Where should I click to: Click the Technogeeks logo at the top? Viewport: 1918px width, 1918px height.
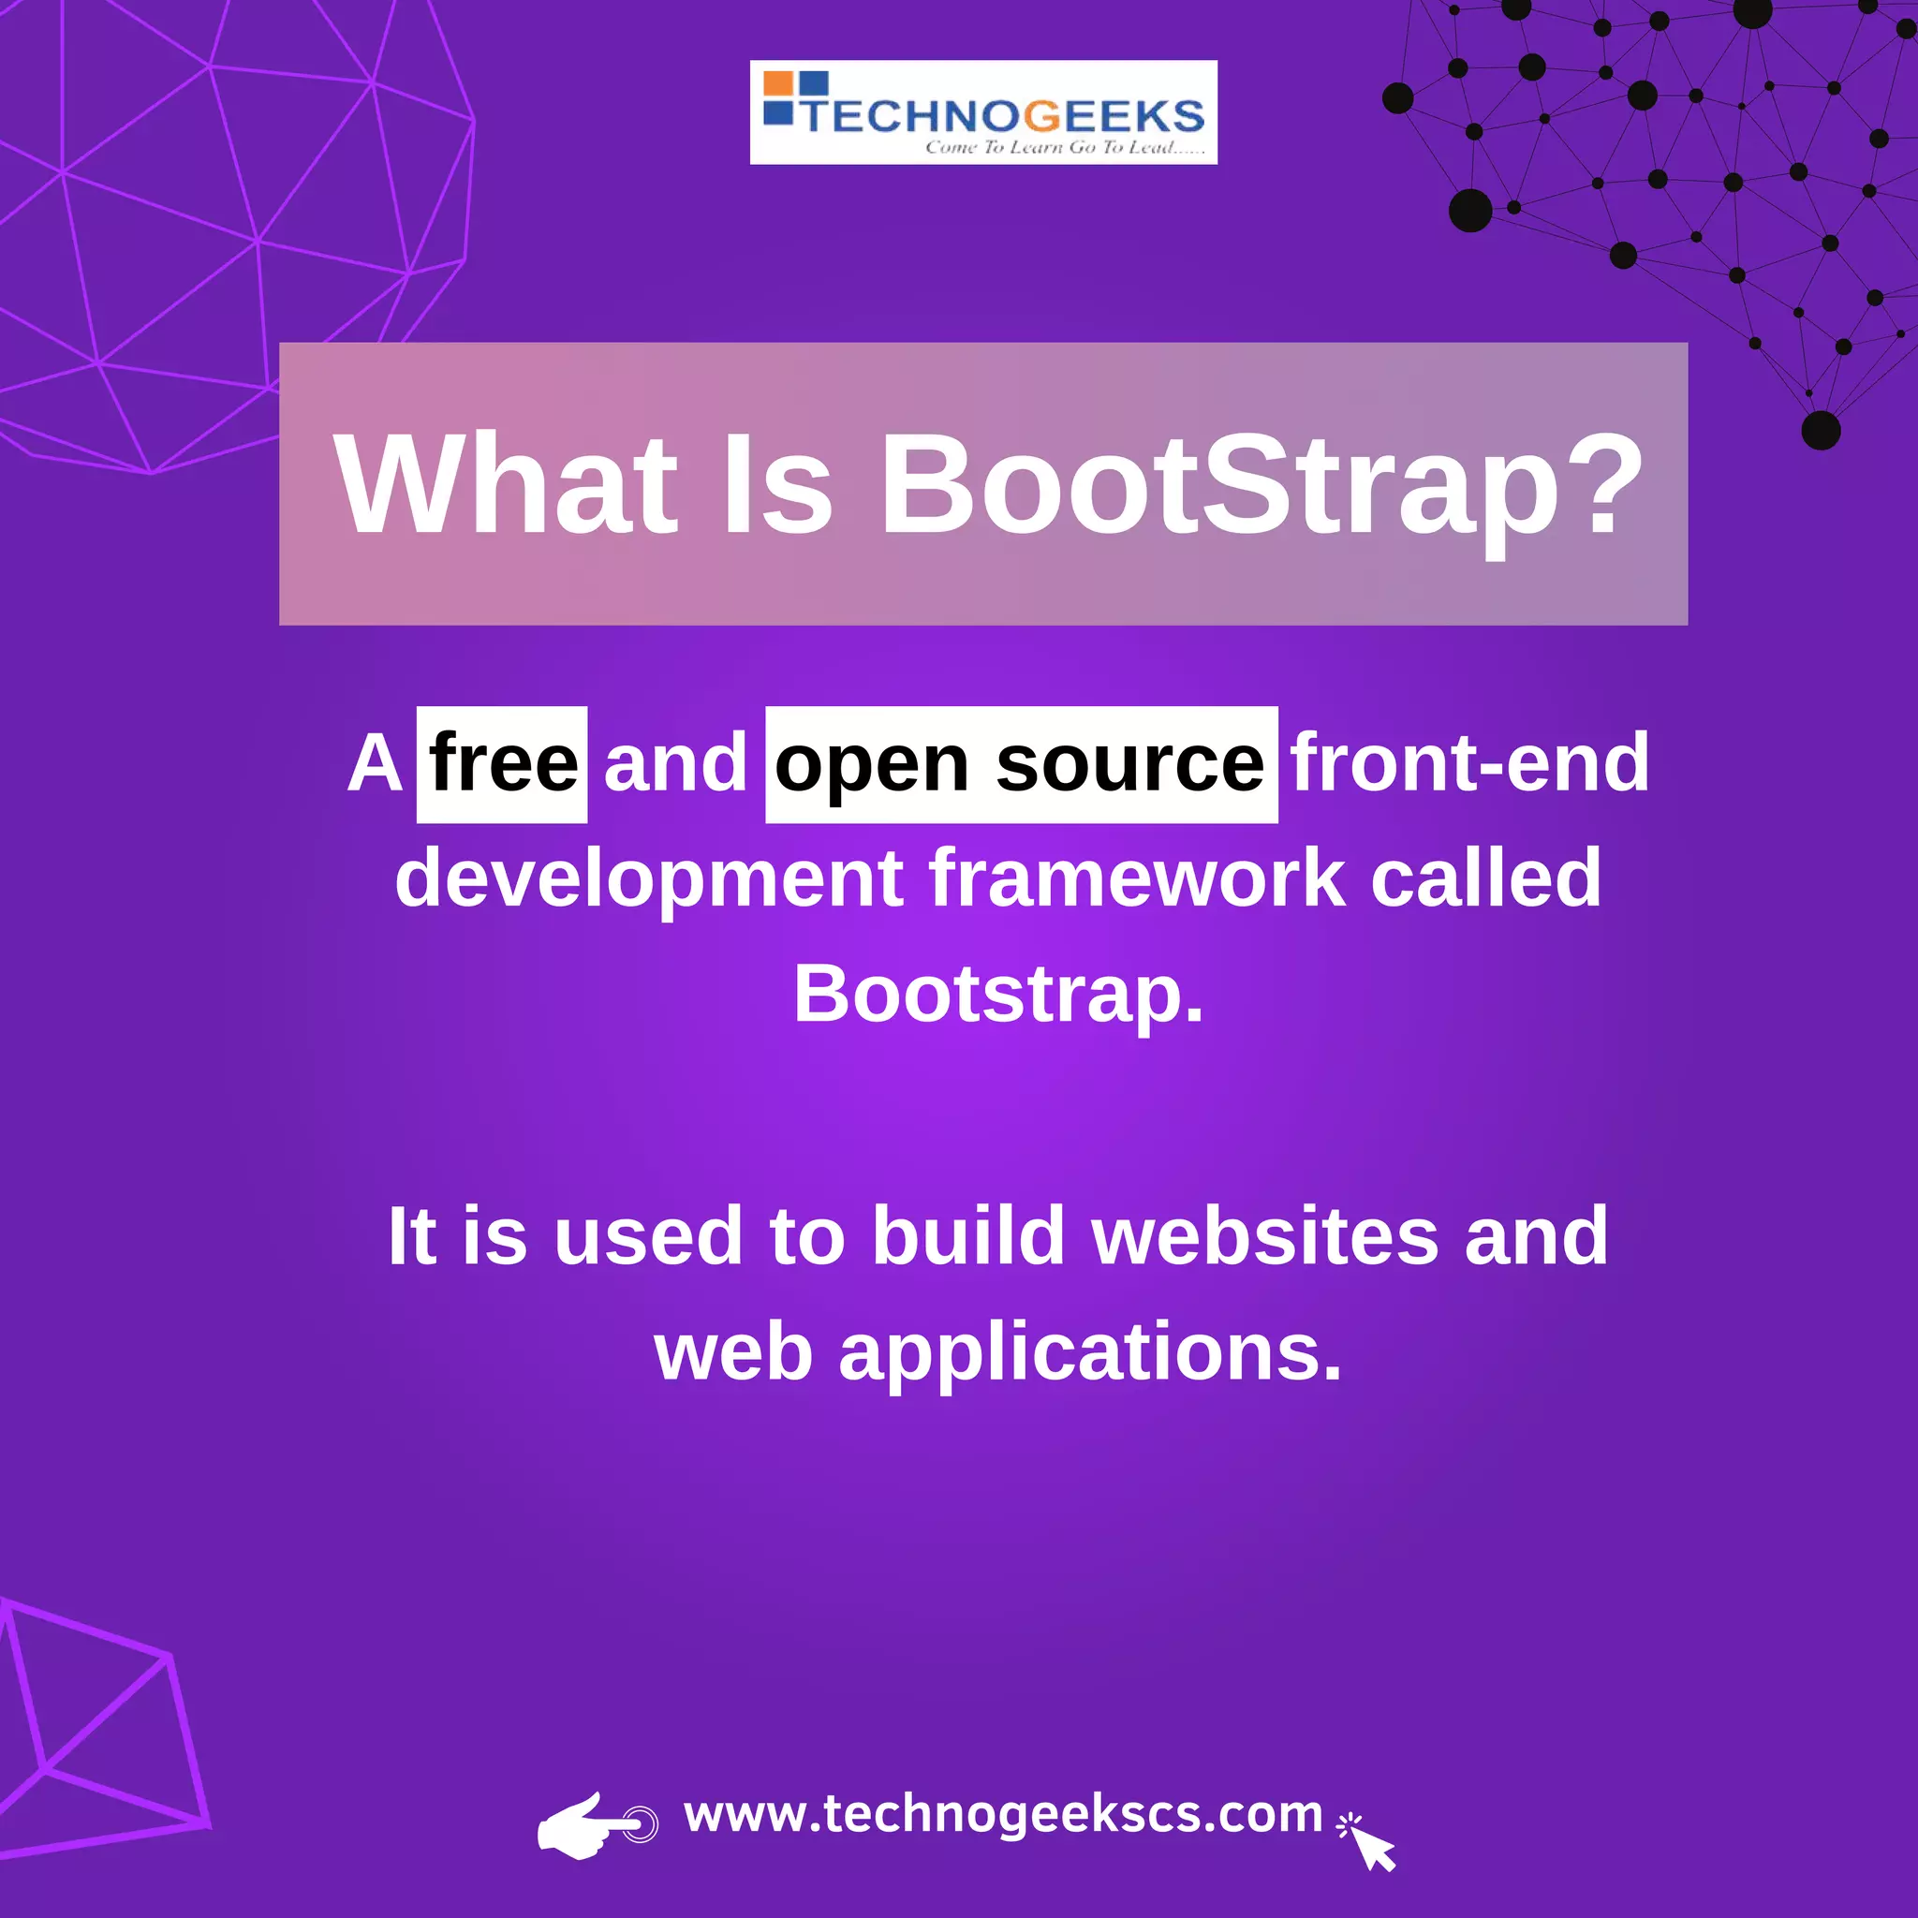click(982, 112)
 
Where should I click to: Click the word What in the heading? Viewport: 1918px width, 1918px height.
click(507, 485)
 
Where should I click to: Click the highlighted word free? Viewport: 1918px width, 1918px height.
click(502, 764)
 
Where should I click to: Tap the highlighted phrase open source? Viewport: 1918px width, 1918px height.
click(1021, 765)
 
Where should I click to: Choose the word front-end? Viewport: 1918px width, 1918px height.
click(1469, 763)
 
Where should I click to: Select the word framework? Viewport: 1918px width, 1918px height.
click(1138, 878)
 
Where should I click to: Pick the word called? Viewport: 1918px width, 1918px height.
click(1485, 878)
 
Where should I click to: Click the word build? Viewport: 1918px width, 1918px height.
click(968, 1236)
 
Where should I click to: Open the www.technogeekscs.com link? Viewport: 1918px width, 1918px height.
click(1003, 1814)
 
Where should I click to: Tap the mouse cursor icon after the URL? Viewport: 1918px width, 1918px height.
click(1370, 1842)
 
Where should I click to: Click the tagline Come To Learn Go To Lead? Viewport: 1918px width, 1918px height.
click(1064, 148)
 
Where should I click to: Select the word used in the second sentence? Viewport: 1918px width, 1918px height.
click(648, 1237)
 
